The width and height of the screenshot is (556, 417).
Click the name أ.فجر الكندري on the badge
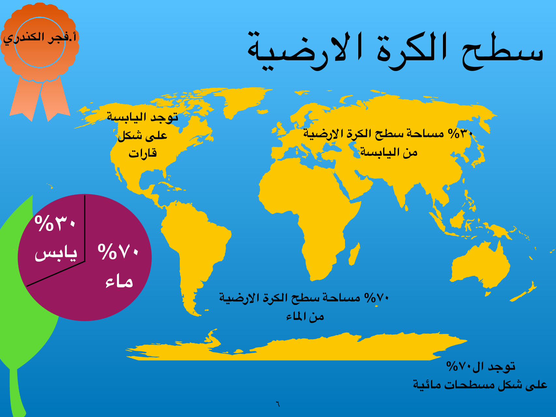(x=39, y=38)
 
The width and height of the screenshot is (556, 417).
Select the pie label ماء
(x=119, y=281)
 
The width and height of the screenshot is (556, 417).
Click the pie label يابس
(x=56, y=254)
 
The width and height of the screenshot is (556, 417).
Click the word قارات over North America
(x=143, y=153)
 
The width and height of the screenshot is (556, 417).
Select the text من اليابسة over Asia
(x=389, y=152)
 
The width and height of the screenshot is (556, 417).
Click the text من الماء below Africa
(x=305, y=317)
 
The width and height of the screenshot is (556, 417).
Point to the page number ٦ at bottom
(x=278, y=404)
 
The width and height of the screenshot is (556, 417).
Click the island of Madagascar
(x=354, y=254)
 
